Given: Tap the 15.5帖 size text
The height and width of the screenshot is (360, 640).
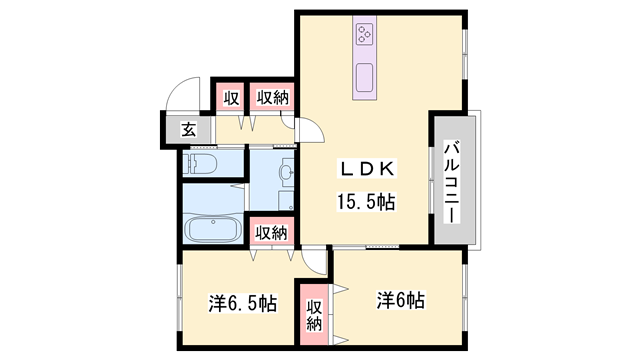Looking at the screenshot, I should (365, 201).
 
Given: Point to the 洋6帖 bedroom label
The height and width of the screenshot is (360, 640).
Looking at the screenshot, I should (401, 300).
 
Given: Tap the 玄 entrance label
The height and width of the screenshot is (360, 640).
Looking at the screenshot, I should (188, 128).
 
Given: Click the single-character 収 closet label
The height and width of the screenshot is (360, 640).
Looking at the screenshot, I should (232, 98).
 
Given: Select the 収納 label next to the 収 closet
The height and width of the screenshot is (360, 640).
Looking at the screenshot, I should (271, 98).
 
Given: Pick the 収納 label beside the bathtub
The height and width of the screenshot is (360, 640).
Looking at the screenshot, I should (270, 233).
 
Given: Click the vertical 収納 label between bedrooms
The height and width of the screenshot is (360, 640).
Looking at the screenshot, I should (314, 315).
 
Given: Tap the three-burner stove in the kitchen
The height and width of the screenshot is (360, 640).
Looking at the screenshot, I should (363, 36).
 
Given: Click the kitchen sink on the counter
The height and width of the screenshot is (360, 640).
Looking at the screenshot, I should (364, 76).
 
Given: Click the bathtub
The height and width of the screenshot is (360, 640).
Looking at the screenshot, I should (212, 231).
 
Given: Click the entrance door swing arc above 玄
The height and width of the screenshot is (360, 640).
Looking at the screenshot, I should (181, 94).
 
